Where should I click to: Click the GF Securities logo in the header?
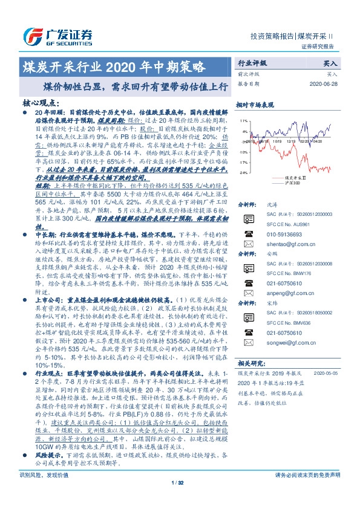pyautogui.click(x=57, y=35)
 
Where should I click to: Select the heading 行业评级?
pyautogui.click(x=251, y=63)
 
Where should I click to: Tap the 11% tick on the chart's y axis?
pyautogui.click(x=243, y=121)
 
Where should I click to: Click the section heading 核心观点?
pyautogui.click(x=40, y=103)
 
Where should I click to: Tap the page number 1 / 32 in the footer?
pyautogui.click(x=177, y=499)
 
